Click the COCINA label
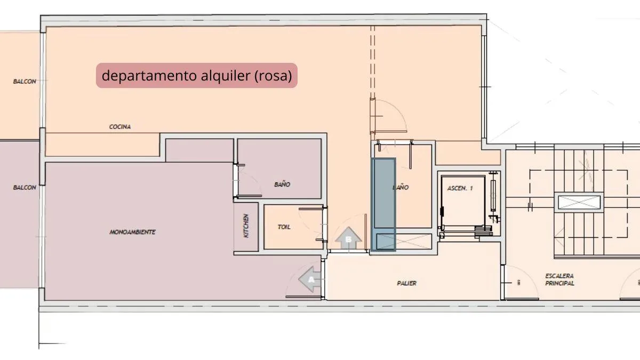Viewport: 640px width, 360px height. [120, 126]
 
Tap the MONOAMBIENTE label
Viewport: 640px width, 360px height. [133, 232]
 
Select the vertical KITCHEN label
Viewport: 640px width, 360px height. [246, 226]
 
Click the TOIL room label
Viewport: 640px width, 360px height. [284, 227]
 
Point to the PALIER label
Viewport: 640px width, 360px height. [406, 283]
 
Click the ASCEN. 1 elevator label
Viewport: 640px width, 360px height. [460, 188]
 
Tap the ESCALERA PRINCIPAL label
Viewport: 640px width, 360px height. [559, 279]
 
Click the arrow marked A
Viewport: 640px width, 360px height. [310, 279]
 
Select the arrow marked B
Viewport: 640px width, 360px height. [348, 238]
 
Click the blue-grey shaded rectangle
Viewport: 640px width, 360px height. [383, 205]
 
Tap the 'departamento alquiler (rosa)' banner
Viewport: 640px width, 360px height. [197, 75]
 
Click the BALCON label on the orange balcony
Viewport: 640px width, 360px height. [25, 82]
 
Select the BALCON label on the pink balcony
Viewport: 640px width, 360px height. [25, 187]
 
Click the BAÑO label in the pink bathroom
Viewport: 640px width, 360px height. [282, 185]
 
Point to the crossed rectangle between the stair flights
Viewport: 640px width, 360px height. [579, 202]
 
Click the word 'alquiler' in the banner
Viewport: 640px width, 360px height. [226, 75]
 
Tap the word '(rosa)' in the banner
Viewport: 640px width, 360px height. [273, 76]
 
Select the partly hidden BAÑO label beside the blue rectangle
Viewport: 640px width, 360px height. [401, 187]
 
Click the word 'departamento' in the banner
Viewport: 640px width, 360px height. [149, 76]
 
